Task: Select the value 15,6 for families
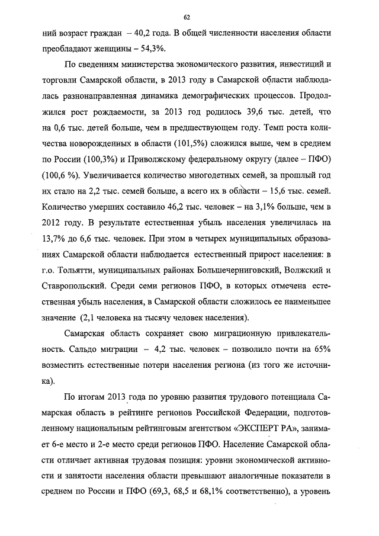click(280, 191)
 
